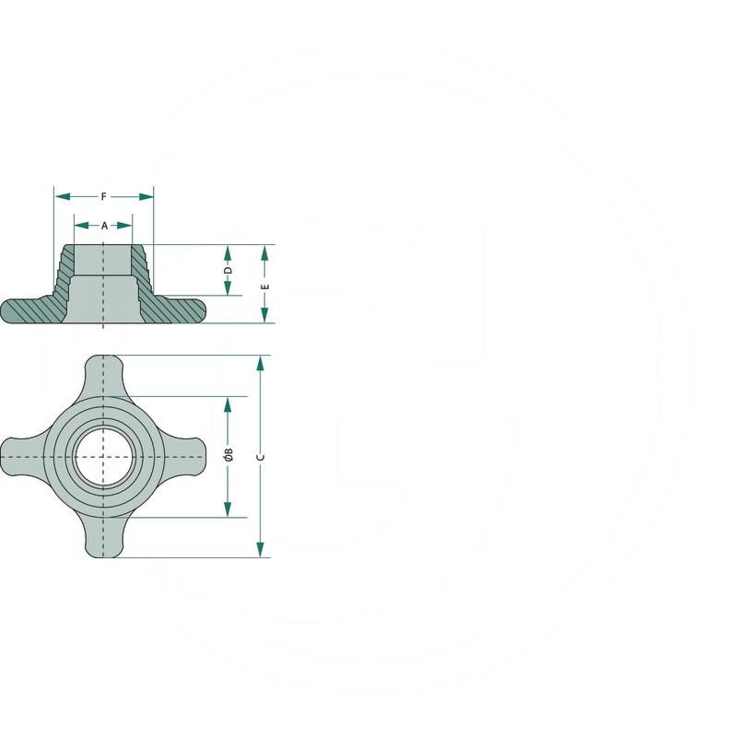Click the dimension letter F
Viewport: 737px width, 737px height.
[x=104, y=196]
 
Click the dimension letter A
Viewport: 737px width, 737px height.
[x=104, y=226]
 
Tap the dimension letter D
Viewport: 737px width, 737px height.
[x=228, y=270]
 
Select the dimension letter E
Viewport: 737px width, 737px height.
[x=264, y=287]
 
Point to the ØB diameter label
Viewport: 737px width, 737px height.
[x=228, y=454]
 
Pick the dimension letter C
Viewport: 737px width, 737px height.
[x=261, y=457]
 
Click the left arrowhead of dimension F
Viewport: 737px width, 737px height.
[x=63, y=196]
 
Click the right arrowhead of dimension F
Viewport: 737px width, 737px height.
[x=146, y=196]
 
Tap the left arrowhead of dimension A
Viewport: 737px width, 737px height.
[x=82, y=226]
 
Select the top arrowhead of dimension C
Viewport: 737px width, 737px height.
[x=261, y=363]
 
